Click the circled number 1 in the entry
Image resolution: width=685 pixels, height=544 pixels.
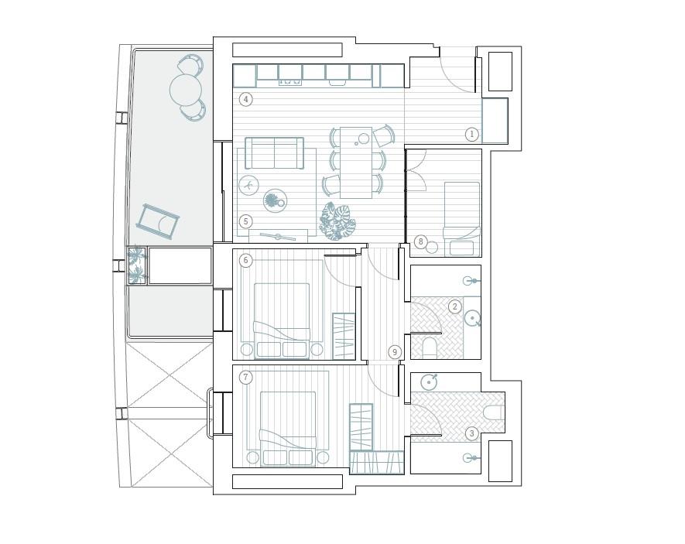click(472, 134)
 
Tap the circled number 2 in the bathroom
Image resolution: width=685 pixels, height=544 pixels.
click(455, 306)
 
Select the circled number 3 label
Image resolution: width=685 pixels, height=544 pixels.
click(472, 433)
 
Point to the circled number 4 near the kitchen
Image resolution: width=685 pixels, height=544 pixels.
click(246, 100)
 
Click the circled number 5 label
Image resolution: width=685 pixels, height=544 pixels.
click(246, 221)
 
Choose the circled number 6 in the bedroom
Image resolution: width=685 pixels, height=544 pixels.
click(246, 261)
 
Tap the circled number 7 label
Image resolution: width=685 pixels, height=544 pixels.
click(246, 377)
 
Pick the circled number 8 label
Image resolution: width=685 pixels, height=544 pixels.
click(421, 241)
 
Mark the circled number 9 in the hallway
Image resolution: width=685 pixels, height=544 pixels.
click(395, 352)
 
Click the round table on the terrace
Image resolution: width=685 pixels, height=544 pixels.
click(186, 91)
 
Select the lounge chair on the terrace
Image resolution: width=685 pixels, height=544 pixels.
click(158, 222)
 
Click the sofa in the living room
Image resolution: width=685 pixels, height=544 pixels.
click(274, 152)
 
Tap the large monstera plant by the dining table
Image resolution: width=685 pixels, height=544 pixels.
click(337, 221)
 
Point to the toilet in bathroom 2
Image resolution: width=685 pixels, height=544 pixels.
click(430, 347)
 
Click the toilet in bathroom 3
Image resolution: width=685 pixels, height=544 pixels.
click(494, 412)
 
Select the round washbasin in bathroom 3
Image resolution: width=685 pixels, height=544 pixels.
click(429, 382)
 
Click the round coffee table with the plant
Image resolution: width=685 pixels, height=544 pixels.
click(275, 201)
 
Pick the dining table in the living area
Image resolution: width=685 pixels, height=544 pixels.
click(356, 163)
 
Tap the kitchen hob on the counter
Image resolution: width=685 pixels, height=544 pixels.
click(290, 81)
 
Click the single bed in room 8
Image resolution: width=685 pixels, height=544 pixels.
click(462, 219)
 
